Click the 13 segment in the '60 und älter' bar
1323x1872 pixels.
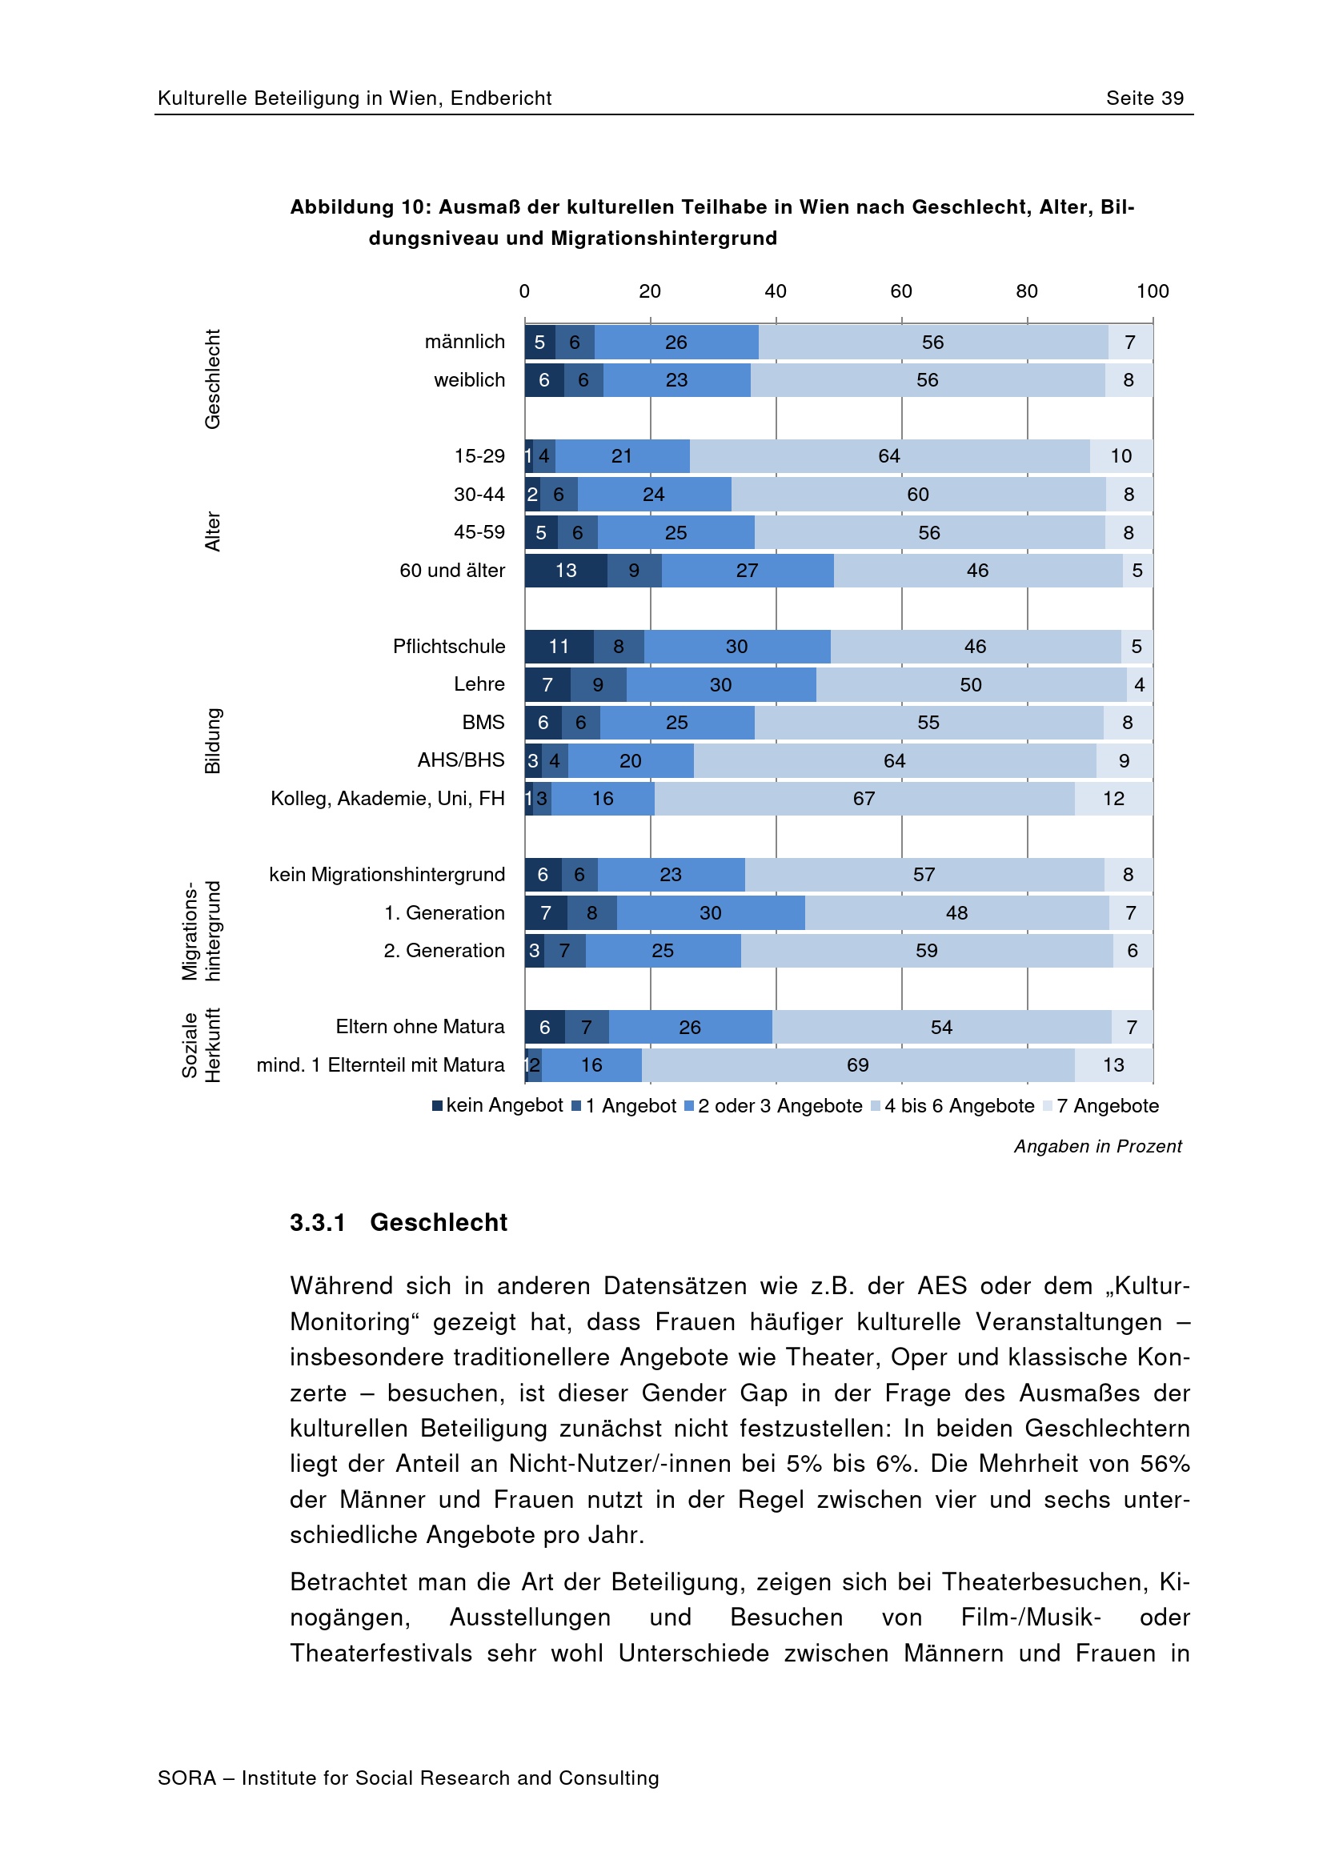point(566,571)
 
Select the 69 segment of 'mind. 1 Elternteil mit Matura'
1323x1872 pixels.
point(857,1064)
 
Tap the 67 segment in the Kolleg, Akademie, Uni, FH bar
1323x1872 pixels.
point(864,798)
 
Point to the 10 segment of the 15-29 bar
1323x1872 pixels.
point(1121,455)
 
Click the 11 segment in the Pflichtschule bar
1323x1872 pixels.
point(559,647)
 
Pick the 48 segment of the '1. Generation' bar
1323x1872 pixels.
point(956,912)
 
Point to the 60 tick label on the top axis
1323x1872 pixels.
point(900,291)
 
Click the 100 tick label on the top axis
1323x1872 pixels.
point(1152,291)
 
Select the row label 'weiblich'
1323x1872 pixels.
point(469,380)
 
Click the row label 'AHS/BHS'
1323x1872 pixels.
point(460,760)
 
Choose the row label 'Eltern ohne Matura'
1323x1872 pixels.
point(420,1027)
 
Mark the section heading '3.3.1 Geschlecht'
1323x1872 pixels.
point(399,1222)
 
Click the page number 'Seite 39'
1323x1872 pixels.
point(1144,98)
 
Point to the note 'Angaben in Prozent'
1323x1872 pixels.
point(1097,1145)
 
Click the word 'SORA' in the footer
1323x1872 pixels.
point(186,1778)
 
